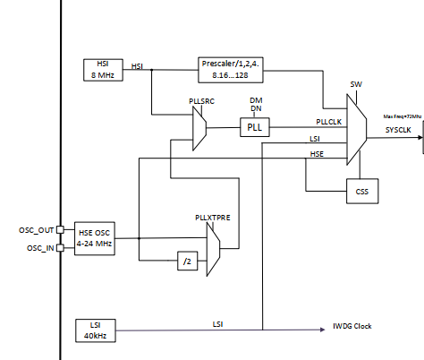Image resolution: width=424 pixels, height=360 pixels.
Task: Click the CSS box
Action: pyautogui.click(x=361, y=190)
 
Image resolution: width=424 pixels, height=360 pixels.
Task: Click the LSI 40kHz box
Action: pyautogui.click(x=94, y=330)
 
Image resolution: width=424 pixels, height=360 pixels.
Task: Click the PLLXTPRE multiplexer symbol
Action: pyautogui.click(x=213, y=249)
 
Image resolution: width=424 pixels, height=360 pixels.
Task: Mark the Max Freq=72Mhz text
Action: pyautogui.click(x=401, y=116)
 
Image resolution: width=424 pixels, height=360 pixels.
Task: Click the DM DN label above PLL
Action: pyautogui.click(x=256, y=103)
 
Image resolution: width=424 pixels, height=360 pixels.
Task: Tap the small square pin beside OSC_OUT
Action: pyautogui.click(x=60, y=229)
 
